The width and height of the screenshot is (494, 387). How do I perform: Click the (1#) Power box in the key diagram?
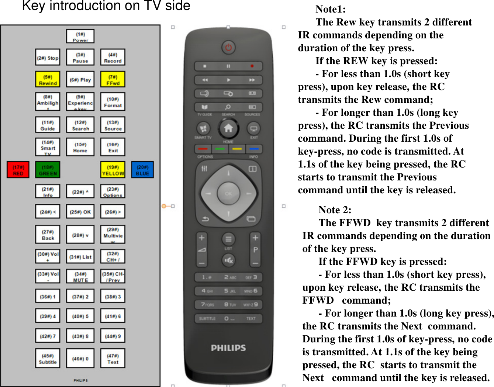(80, 37)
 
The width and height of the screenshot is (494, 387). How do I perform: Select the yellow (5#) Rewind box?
(48, 80)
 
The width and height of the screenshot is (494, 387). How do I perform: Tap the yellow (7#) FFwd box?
(113, 80)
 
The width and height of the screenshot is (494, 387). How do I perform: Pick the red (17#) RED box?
(18, 170)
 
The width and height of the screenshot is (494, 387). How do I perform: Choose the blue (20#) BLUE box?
(142, 170)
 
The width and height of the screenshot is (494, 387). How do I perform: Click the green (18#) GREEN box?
(48, 170)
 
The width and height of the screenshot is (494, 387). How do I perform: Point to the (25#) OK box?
(80, 212)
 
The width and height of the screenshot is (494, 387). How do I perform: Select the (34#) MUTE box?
(80, 276)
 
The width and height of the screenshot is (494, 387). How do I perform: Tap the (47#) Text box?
(113, 359)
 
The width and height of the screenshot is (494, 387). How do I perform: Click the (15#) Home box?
(80, 147)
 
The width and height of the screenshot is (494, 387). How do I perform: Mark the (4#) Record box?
(113, 58)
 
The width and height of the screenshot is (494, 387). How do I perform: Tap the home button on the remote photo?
(228, 128)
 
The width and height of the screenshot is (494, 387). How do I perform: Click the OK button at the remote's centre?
(228, 193)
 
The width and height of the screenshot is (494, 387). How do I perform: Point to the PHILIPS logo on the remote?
(228, 348)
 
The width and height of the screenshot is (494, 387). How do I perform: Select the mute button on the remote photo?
(228, 260)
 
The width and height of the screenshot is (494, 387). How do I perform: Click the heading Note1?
(331, 9)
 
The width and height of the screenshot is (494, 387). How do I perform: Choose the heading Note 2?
(335, 210)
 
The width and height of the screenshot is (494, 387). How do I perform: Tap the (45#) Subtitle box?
(48, 359)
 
